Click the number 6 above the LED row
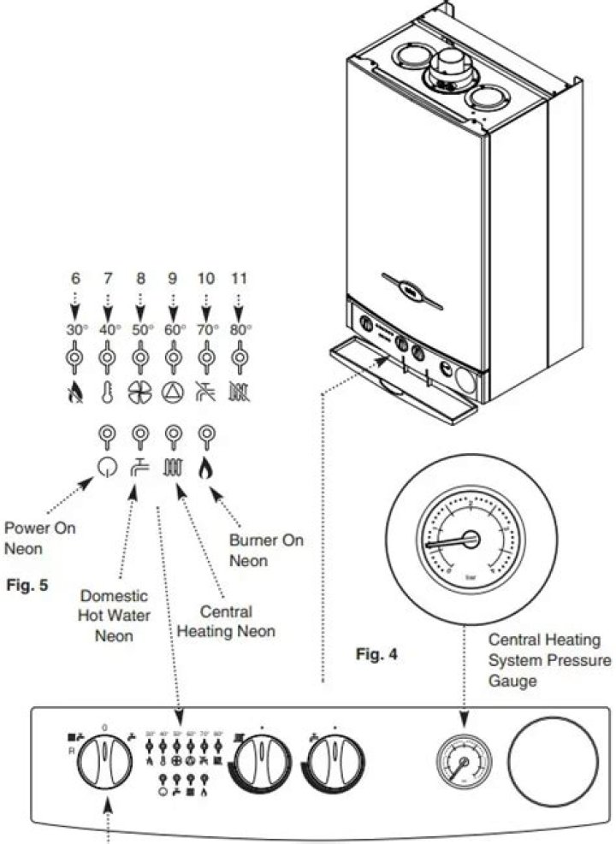(x=75, y=279)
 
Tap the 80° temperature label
(x=240, y=329)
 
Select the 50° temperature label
(x=140, y=329)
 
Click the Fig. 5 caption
(x=26, y=587)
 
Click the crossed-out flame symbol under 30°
(x=75, y=392)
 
